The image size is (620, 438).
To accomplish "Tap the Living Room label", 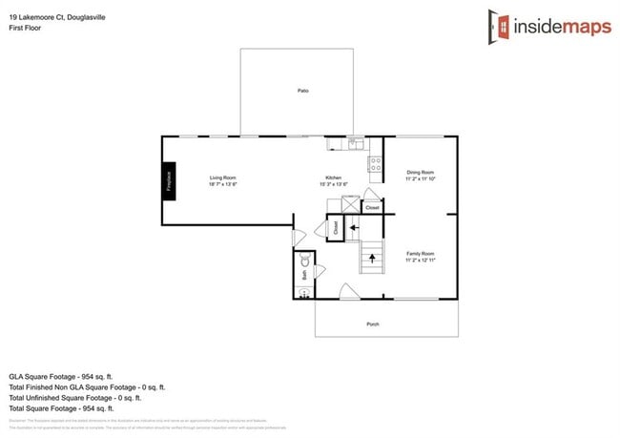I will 223,180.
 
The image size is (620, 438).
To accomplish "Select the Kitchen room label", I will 334,180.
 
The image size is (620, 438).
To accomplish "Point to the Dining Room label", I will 420,175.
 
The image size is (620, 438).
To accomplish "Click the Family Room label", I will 420,256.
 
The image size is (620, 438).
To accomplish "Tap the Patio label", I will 302,91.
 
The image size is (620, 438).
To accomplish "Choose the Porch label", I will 373,324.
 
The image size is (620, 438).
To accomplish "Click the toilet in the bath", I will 305,261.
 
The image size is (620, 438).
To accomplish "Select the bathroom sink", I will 305,293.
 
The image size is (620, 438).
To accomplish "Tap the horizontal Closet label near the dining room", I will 373,207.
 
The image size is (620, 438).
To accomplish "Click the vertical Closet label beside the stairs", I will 335,228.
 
